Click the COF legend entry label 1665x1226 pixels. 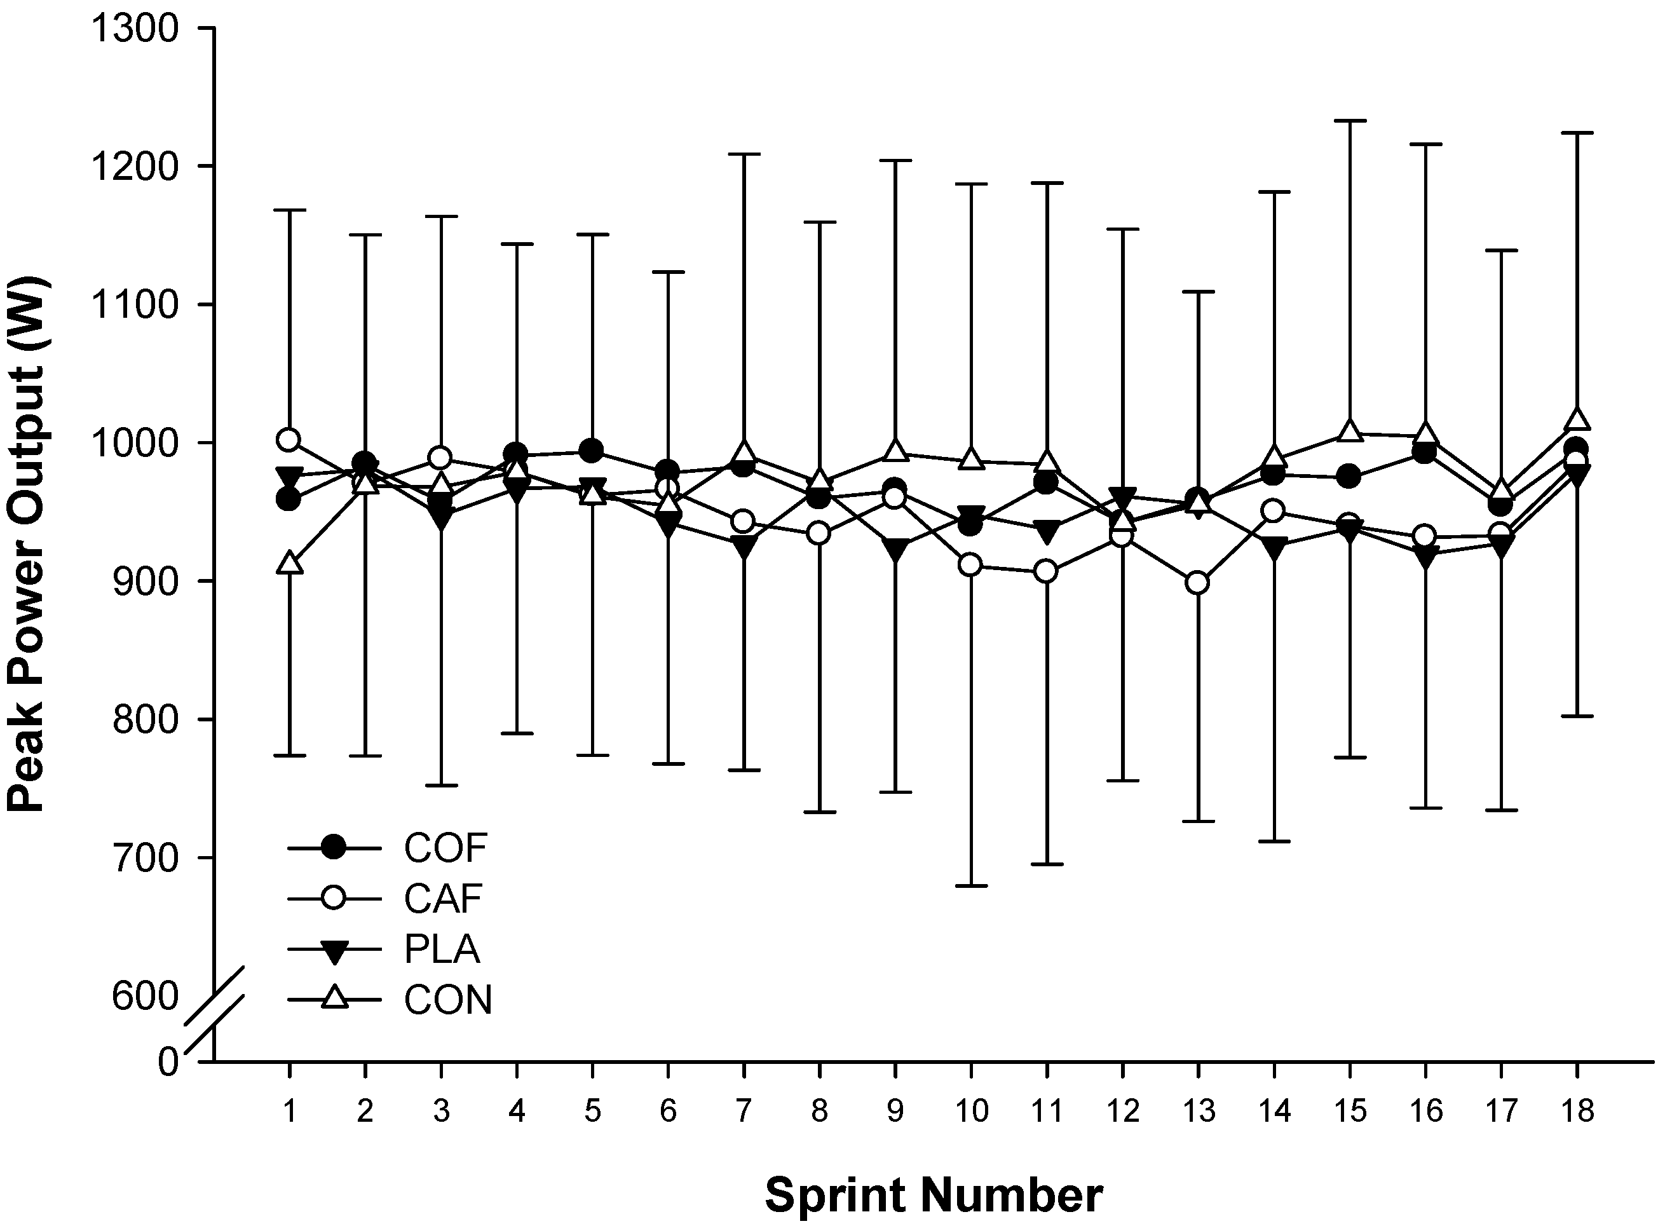(445, 847)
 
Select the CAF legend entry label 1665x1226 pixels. (443, 898)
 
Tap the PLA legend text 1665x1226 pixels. (442, 949)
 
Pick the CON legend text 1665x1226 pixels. (447, 1000)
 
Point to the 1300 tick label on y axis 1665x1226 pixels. (134, 29)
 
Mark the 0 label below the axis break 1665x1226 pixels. (168, 1062)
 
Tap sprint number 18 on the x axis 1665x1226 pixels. (1577, 1111)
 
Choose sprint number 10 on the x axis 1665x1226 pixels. (970, 1111)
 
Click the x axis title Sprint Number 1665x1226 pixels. (934, 1195)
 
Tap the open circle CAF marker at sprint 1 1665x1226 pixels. (289, 440)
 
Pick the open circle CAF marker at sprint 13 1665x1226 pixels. (1197, 583)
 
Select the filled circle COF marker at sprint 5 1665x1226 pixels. (592, 451)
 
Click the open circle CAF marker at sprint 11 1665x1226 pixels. (1046, 571)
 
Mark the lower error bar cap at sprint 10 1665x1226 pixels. (970, 885)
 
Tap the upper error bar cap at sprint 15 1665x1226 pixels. (1350, 120)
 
